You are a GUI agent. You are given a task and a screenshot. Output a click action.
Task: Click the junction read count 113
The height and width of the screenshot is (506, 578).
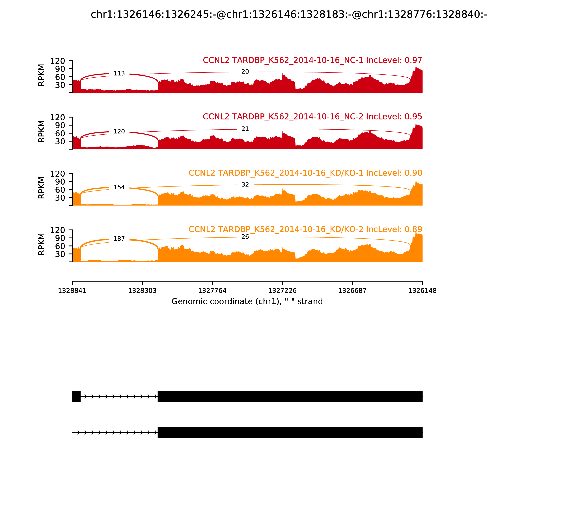click(x=119, y=73)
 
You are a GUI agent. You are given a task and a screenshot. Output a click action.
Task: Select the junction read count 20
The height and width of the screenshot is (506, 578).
click(x=245, y=72)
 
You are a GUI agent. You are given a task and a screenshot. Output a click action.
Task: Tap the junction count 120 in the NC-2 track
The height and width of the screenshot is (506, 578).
click(x=119, y=131)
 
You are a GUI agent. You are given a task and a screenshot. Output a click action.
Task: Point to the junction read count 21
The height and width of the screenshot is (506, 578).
click(x=245, y=129)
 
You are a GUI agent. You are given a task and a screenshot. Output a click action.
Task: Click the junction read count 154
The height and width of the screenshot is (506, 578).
click(x=119, y=187)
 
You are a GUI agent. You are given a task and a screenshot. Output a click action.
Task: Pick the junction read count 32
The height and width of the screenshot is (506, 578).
click(x=245, y=185)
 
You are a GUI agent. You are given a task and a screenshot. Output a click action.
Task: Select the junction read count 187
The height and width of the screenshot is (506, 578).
click(x=119, y=239)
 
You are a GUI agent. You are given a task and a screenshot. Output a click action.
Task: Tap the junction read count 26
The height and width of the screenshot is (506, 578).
click(x=245, y=237)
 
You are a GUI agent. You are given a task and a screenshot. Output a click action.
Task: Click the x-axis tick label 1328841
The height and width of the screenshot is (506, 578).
click(x=72, y=291)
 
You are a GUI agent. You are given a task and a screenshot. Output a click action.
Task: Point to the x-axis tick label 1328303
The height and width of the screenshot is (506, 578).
click(x=142, y=291)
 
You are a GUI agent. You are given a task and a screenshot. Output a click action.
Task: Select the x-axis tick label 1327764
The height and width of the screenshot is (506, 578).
click(x=212, y=291)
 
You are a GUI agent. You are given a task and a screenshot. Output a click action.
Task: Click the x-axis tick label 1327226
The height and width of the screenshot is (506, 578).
click(x=282, y=291)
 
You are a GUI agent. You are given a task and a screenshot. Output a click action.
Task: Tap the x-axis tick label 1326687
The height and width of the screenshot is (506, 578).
click(x=352, y=291)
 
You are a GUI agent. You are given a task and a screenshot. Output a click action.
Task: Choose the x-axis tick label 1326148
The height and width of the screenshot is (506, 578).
click(x=422, y=291)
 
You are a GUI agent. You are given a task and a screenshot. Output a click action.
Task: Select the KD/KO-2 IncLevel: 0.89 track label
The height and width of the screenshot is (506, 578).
click(x=305, y=229)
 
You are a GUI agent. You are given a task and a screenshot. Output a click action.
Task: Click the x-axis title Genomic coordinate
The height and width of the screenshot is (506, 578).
click(x=247, y=302)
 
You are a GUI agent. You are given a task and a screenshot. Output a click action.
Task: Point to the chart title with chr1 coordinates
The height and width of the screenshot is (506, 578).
click(x=289, y=14)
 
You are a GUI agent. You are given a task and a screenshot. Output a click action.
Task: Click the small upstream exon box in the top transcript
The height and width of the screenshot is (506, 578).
click(x=76, y=396)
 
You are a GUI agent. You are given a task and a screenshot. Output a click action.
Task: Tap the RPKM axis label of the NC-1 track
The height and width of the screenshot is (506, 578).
click(x=41, y=75)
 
